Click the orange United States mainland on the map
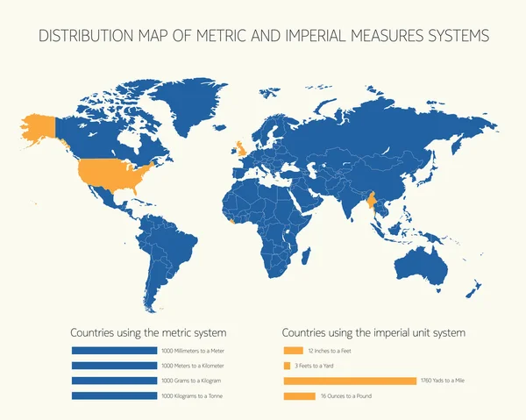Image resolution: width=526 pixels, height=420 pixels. point(105,174)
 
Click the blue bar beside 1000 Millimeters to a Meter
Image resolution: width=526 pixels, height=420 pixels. point(113,350)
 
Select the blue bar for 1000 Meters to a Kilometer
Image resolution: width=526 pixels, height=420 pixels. point(113,365)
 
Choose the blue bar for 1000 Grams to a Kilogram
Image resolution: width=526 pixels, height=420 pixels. point(113,381)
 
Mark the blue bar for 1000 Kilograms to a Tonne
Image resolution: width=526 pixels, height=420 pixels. point(113,395)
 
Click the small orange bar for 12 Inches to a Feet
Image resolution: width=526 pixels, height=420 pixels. point(288,350)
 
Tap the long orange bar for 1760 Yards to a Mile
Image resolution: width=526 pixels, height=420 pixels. point(350,381)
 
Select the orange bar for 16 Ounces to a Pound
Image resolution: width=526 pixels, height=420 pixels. point(299,396)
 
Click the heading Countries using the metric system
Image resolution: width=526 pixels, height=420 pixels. point(148,333)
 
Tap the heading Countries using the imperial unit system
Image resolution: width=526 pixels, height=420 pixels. point(373,333)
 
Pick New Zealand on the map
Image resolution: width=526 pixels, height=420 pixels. point(474,290)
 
